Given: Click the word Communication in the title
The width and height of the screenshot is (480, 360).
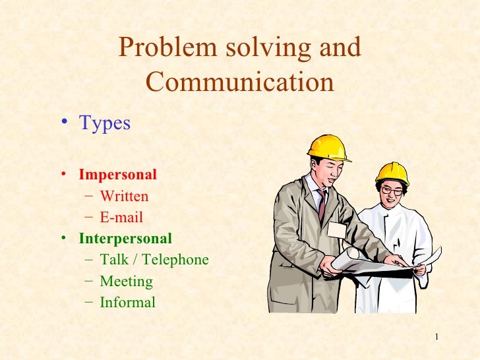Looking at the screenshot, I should tap(239, 83).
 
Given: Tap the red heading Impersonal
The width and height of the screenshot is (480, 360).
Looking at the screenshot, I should tap(117, 175).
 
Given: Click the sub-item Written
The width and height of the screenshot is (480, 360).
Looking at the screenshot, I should tap(124, 196).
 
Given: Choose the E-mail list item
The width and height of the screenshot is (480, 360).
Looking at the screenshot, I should tap(121, 218).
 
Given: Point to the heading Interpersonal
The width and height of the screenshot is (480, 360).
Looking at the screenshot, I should tap(125, 238).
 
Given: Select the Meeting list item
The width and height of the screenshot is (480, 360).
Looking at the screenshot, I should tap(126, 282).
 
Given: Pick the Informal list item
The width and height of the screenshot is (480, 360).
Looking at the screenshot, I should tap(127, 303).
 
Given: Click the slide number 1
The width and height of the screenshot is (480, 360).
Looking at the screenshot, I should tap(436, 338).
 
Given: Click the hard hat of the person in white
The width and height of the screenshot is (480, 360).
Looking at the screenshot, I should tap(392, 173).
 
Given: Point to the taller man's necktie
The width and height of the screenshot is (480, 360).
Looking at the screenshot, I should tap(321, 204).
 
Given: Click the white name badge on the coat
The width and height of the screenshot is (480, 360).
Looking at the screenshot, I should tap(336, 230).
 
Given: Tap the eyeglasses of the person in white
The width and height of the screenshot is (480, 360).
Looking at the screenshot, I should tap(391, 191).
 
